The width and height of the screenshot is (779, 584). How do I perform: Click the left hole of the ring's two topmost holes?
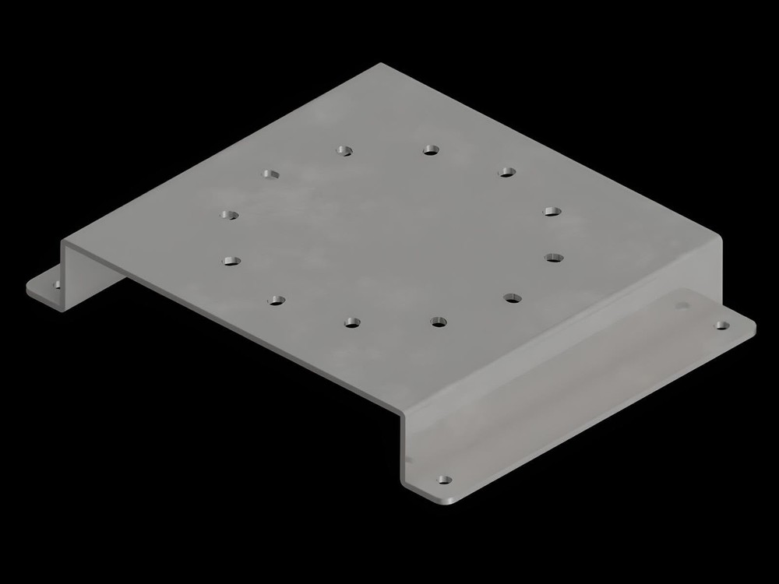click(344, 150)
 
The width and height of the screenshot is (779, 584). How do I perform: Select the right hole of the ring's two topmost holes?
click(430, 149)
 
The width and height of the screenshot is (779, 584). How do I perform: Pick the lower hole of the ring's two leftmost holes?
click(231, 261)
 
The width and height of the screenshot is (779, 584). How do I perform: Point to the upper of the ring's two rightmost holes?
click(552, 211)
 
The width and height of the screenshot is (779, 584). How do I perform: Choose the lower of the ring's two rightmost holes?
click(554, 256)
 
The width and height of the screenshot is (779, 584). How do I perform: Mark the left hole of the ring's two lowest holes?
click(352, 322)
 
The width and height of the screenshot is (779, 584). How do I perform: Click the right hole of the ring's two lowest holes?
click(439, 320)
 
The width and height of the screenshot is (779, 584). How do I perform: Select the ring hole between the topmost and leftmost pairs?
click(270, 174)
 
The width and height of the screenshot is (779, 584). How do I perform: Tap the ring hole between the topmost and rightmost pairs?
click(507, 171)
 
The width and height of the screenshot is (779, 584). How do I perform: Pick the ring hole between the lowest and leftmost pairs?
click(276, 299)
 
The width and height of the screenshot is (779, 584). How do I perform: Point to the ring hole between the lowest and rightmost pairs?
click(513, 297)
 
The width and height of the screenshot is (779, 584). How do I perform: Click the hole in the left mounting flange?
click(56, 285)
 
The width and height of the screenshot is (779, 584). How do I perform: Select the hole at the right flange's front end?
click(444, 480)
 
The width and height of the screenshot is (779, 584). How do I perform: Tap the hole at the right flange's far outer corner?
click(722, 324)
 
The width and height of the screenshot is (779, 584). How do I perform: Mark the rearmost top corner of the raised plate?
click(381, 65)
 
